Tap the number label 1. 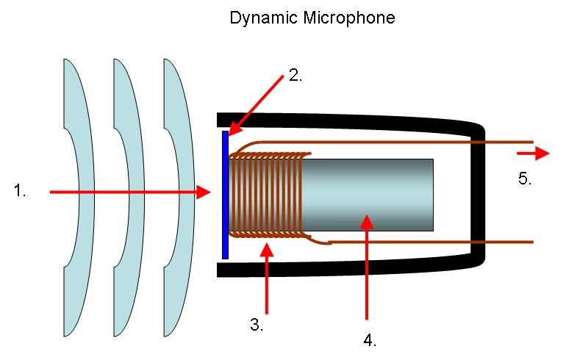[20, 190]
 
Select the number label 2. [295, 75]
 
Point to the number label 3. [257, 325]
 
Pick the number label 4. [370, 340]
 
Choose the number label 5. [525, 179]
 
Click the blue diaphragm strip [225, 195]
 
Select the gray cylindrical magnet [366, 195]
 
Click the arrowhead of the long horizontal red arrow [203, 192]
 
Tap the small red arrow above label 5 [533, 154]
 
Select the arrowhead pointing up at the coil [267, 250]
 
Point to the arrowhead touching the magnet [367, 221]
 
